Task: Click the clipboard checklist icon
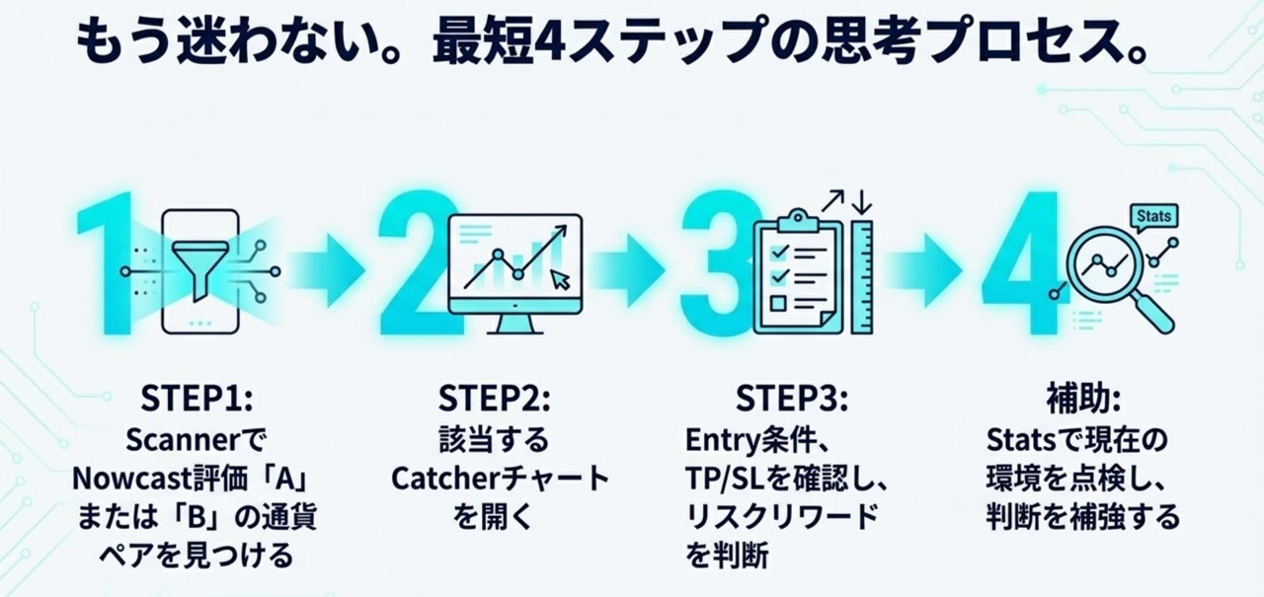tap(799, 271)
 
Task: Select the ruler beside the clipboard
tap(862, 276)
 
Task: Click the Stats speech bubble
tap(1153, 216)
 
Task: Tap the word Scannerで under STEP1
tap(197, 439)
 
